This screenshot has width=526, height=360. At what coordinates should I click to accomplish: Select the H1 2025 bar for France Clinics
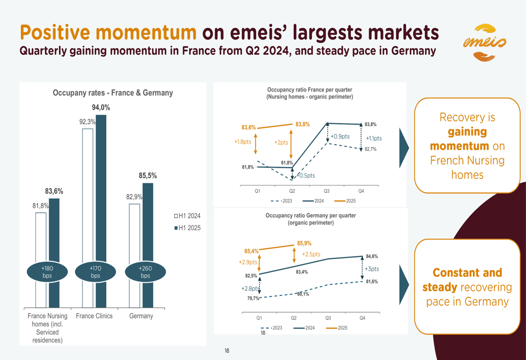(x=101, y=210)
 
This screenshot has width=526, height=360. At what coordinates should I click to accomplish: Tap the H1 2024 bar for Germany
(x=135, y=255)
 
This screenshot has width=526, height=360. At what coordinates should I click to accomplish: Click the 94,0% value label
(x=101, y=108)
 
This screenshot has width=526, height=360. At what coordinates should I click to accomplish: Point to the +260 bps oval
(x=145, y=272)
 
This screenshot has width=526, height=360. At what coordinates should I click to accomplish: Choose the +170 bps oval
(x=95, y=272)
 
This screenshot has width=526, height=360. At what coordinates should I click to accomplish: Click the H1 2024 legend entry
(x=187, y=216)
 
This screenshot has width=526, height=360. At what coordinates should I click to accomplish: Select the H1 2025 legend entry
(x=187, y=228)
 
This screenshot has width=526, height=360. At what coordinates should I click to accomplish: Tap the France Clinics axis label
(x=95, y=316)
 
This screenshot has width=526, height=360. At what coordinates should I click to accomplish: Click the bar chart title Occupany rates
(x=113, y=93)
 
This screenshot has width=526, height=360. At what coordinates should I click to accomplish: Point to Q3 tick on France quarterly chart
(x=327, y=191)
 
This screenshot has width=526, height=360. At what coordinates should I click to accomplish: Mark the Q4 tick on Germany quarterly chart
(x=362, y=318)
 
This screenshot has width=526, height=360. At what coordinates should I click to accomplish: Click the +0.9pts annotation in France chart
(x=340, y=137)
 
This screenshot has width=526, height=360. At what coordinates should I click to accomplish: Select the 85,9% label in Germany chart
(x=304, y=243)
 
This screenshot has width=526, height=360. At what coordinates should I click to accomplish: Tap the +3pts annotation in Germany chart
(x=372, y=269)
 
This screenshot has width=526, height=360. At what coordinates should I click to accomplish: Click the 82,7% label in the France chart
(x=370, y=149)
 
